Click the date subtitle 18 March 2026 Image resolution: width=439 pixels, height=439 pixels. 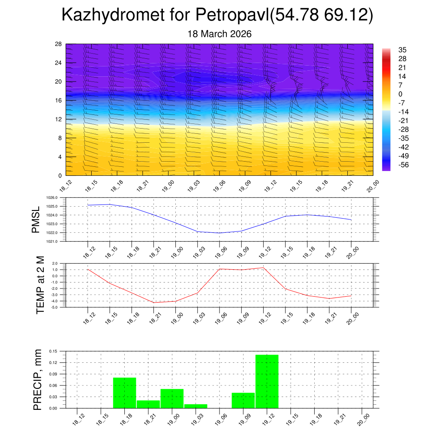[x=219, y=34]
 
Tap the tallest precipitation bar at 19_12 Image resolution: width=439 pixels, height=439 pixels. [x=267, y=381]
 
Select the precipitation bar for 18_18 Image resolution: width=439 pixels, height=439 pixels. [x=124, y=393]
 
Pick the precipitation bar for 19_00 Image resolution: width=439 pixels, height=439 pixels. [x=172, y=398]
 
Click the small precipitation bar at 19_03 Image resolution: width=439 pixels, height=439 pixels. [x=195, y=406]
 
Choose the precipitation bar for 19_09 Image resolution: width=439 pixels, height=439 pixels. [x=243, y=400]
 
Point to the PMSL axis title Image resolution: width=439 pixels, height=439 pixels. [x=35, y=219]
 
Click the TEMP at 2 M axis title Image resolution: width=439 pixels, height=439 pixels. [x=40, y=285]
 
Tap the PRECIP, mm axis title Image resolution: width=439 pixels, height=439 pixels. [x=38, y=379]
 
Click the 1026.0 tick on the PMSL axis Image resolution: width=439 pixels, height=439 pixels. [x=57, y=198]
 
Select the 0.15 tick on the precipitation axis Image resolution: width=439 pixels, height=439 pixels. [x=53, y=351]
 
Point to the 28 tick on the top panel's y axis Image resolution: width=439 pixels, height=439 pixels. [x=59, y=44]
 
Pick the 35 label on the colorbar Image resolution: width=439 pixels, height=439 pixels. [x=402, y=50]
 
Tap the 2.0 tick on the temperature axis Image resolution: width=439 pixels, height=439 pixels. [x=54, y=264]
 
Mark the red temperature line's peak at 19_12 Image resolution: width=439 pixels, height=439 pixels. [x=263, y=268]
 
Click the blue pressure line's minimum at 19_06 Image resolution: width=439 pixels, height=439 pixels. [x=219, y=233]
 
